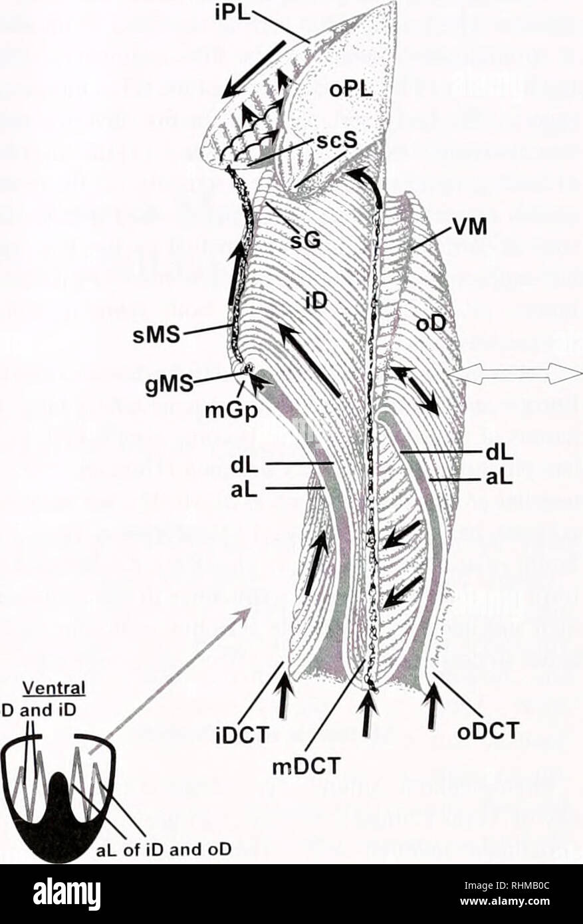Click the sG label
(x=308, y=239)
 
